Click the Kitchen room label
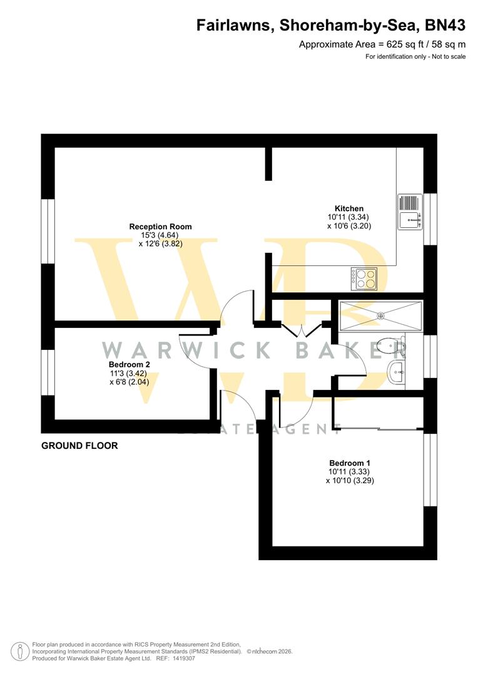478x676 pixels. [x=348, y=208]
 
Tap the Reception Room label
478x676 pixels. [x=160, y=227]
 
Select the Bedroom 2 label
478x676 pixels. [x=129, y=364]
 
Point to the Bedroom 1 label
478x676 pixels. [x=350, y=463]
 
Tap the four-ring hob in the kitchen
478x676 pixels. [x=364, y=278]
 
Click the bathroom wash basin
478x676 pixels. [x=397, y=374]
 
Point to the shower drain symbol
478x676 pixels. [x=380, y=315]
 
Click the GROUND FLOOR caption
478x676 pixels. [x=79, y=446]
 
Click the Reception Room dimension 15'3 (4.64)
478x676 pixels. [x=160, y=235]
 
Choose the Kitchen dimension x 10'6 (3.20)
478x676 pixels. [x=349, y=226]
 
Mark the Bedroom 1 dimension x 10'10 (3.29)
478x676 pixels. [x=350, y=481]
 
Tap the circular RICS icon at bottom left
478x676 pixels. [x=23, y=651]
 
